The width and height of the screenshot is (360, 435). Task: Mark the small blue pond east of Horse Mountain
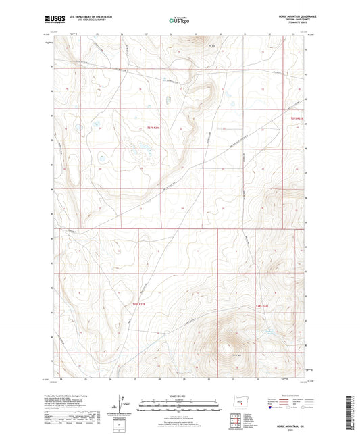[x=269, y=332]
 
